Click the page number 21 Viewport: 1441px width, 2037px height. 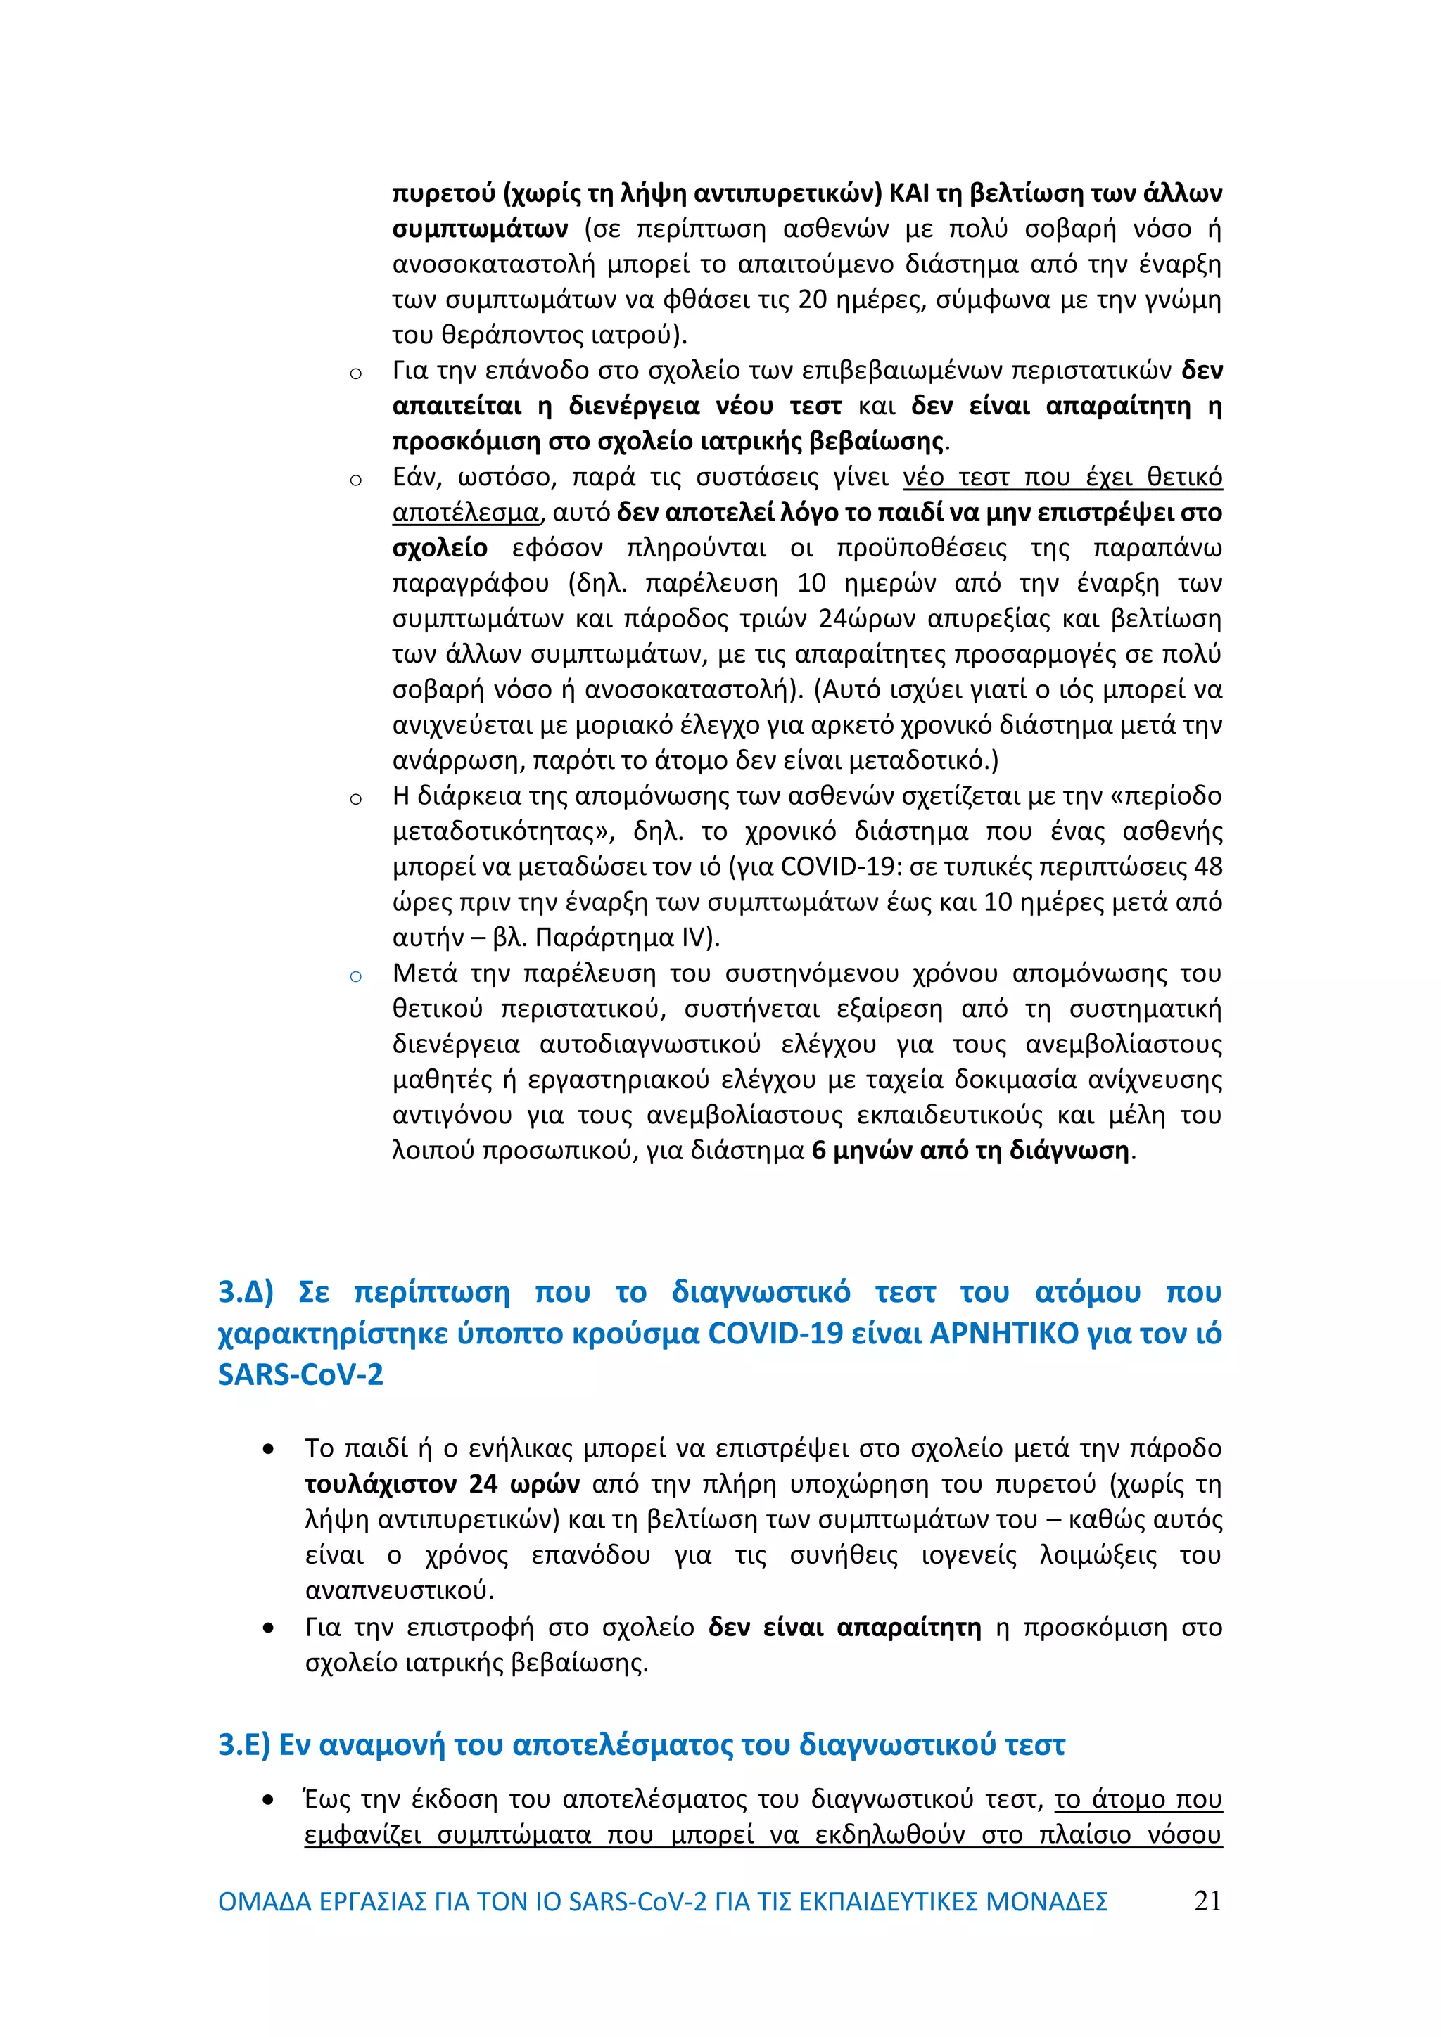coord(1207,1901)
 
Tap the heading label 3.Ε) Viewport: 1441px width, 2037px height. coord(244,1745)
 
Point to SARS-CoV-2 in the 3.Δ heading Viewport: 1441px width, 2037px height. coord(300,1374)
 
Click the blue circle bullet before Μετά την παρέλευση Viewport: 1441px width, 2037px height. coord(356,977)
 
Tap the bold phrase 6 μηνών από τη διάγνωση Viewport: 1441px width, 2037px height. coord(972,1151)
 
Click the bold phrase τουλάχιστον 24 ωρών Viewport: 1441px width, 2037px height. coord(443,1484)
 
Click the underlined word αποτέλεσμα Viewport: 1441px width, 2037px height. coord(466,513)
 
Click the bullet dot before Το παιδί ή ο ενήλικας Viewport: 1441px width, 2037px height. coord(268,1450)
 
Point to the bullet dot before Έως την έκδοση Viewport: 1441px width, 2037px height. coord(268,1801)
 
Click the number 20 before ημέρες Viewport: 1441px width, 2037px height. coord(812,300)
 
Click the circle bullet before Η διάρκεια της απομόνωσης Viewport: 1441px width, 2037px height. coord(356,799)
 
